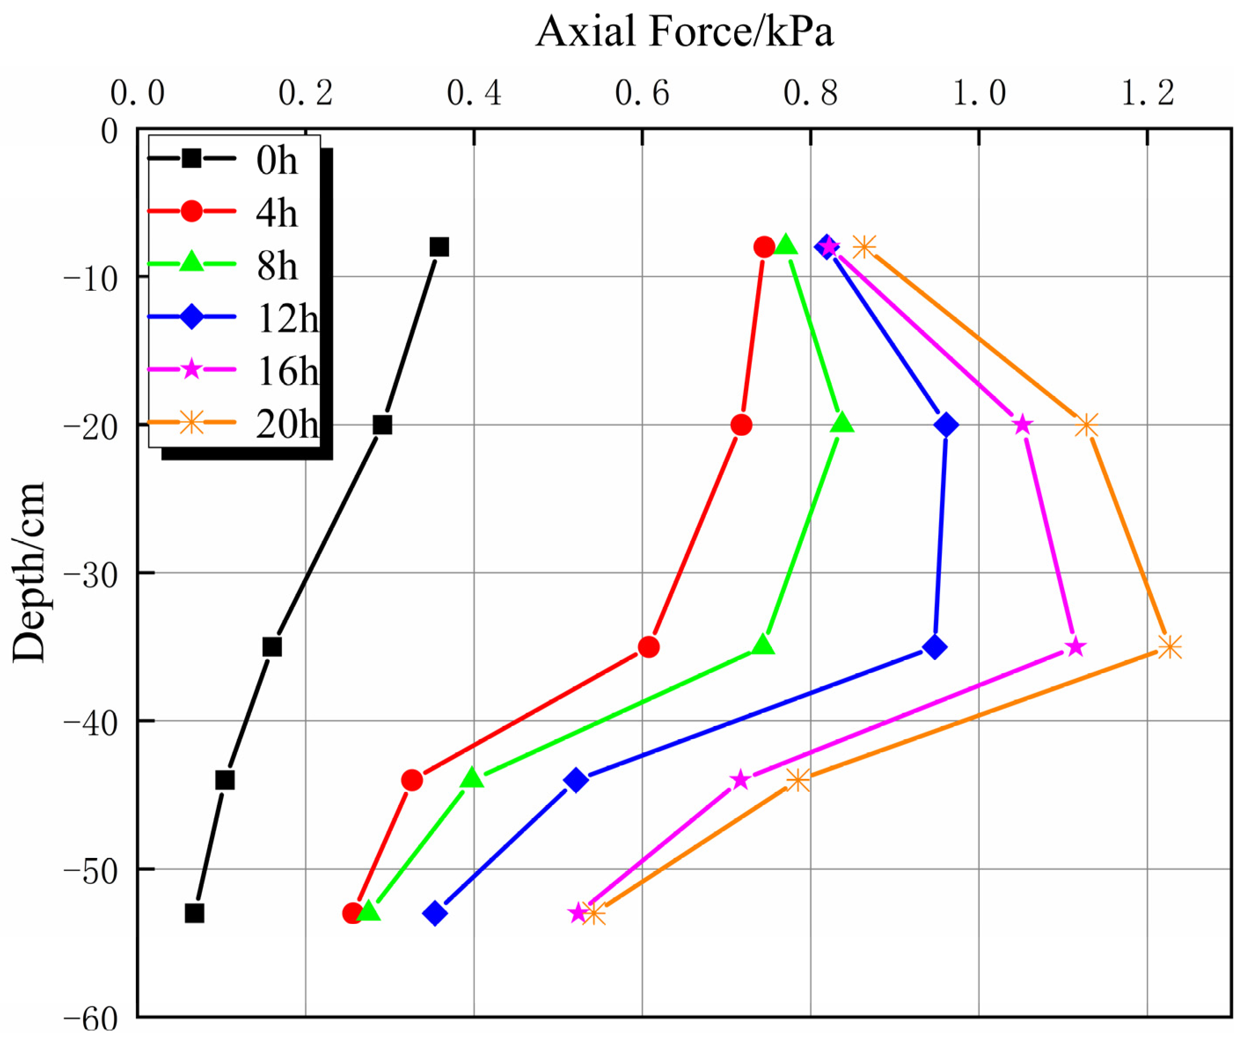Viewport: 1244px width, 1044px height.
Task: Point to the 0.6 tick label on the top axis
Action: [x=642, y=94]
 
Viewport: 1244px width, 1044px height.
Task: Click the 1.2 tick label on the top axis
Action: [x=1147, y=94]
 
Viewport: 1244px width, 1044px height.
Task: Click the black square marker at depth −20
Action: [x=382, y=424]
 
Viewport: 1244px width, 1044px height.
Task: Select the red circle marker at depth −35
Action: [x=649, y=647]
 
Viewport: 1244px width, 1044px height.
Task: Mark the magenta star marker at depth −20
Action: [x=1022, y=424]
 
